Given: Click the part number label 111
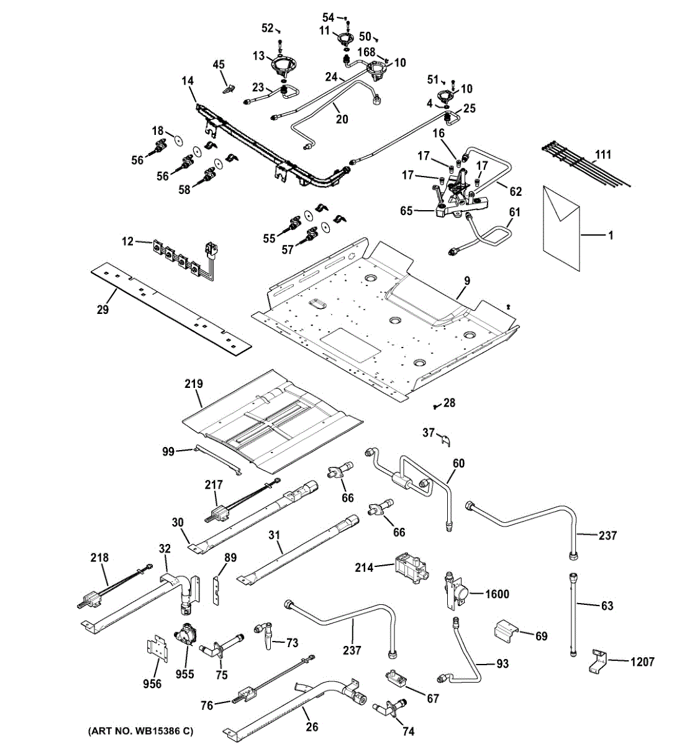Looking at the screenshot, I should [x=602, y=155].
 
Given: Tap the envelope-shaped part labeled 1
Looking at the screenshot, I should [x=561, y=227].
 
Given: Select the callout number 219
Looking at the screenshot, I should [x=194, y=384].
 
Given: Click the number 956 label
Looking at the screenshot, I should [x=152, y=684].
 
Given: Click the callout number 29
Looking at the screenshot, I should [x=102, y=309].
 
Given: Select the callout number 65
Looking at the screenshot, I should [x=406, y=211].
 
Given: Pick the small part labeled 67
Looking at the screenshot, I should [x=395, y=678].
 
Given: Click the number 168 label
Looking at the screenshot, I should [x=365, y=52].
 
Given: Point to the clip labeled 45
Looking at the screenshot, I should [x=228, y=88].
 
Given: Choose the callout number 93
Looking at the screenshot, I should [x=502, y=664].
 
